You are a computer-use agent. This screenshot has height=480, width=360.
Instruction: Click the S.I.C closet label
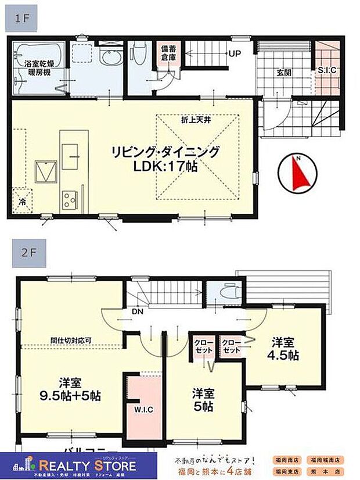pyautogui.click(x=327, y=70)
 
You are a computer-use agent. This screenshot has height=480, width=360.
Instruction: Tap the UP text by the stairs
pyautogui.click(x=235, y=54)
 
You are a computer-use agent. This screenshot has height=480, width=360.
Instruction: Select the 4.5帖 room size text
pyautogui.click(x=283, y=355)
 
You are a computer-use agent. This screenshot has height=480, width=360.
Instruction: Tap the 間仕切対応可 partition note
pyautogui.click(x=70, y=340)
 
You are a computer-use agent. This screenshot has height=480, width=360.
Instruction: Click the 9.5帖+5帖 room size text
pyautogui.click(x=72, y=396)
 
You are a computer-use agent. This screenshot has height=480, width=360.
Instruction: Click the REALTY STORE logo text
pyautogui.click(x=87, y=465)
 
